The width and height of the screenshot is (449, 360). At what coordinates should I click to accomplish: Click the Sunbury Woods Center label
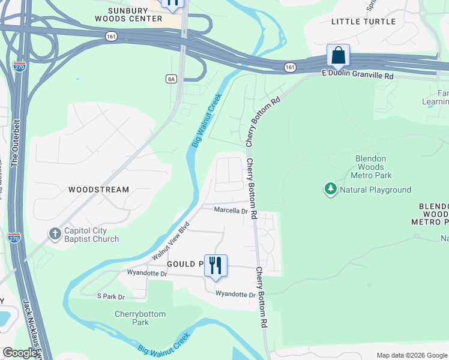tap(128, 14)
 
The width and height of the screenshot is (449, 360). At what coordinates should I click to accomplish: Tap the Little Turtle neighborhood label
tap(364, 22)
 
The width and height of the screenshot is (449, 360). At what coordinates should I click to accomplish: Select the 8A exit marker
tap(171, 79)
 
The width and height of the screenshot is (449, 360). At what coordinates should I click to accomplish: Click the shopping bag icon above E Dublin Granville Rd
tap(339, 55)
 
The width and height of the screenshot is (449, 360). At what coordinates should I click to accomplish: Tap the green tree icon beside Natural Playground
tap(330, 189)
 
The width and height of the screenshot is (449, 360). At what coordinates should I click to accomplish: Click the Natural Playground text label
tap(375, 190)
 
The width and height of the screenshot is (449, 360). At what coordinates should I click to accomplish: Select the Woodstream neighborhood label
tap(98, 190)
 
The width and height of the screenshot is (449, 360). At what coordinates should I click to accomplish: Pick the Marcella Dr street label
tap(231, 211)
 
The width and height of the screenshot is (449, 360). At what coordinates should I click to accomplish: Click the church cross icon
tap(55, 234)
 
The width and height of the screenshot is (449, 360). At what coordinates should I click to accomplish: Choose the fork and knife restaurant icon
tap(215, 265)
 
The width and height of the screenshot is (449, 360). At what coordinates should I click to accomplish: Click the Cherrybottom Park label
tap(140, 318)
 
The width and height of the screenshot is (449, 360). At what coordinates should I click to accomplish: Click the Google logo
tap(20, 353)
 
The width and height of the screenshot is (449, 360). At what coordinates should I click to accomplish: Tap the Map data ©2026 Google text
tap(412, 355)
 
